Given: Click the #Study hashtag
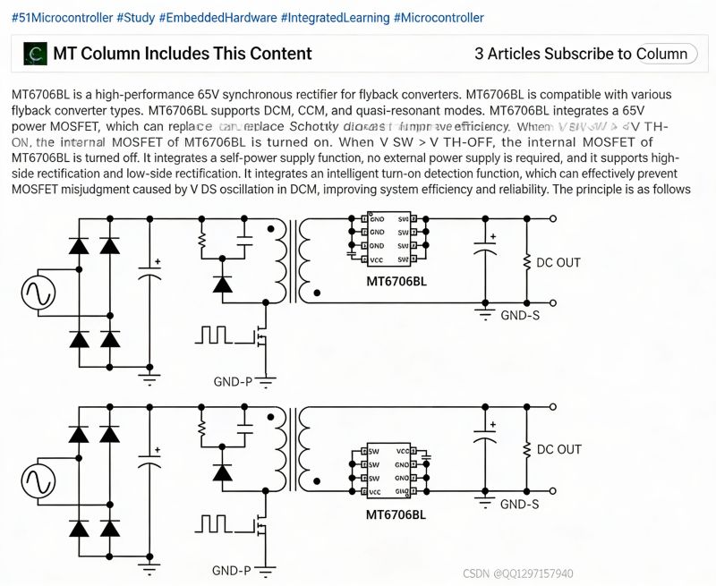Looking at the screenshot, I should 133,18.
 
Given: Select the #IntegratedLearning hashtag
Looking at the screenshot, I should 335,18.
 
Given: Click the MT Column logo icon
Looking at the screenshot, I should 35,54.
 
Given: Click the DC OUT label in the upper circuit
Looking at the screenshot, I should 558,262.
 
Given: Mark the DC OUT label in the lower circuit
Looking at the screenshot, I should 558,449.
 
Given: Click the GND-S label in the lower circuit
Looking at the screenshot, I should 519,504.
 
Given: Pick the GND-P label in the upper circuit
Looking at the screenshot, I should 232,382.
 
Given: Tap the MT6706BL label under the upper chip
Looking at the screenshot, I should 396,280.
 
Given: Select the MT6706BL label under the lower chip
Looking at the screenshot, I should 396,514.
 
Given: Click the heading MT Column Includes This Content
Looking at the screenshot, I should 183,54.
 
